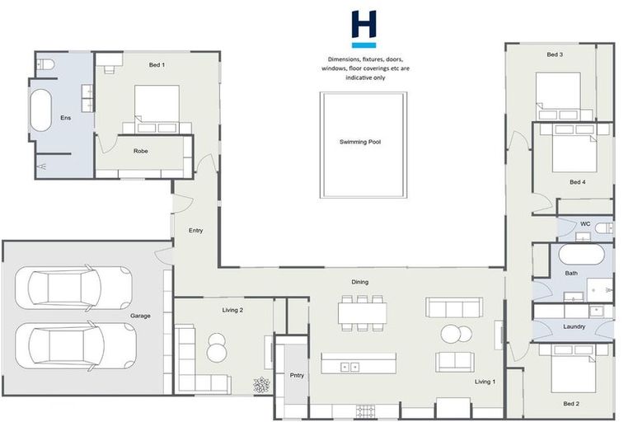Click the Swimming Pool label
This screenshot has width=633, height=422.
360,142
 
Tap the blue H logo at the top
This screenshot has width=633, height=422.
363,28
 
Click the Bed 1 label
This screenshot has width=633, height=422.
157,64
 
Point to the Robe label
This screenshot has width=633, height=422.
141,151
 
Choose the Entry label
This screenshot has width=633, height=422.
195,230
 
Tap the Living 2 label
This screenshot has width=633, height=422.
233,310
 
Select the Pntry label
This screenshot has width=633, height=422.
297,375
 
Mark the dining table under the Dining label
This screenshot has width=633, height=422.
362,312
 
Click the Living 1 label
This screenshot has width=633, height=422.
485,382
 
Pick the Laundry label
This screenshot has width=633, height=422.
574,326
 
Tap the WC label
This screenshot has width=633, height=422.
585,223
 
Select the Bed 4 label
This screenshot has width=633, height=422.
577,181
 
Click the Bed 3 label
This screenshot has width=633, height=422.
555,54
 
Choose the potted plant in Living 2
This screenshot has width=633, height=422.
261,384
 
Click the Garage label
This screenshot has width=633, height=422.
140,316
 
